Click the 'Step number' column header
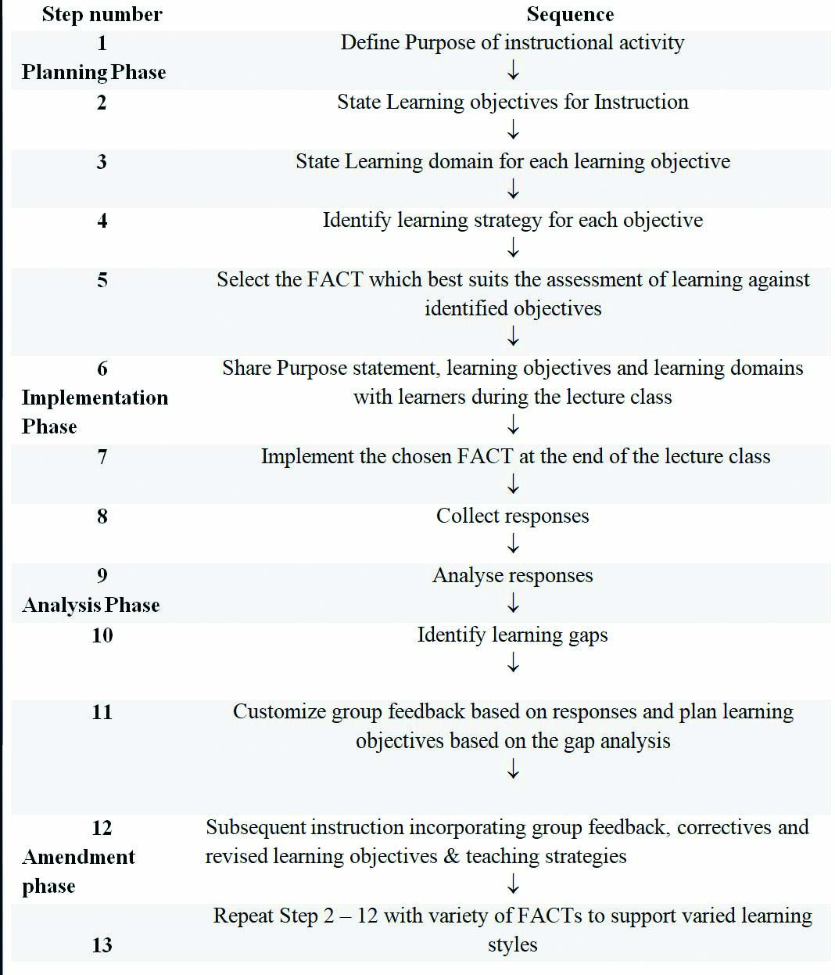[102, 14]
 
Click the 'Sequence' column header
[570, 14]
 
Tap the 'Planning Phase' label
[94, 72]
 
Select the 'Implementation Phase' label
[94, 412]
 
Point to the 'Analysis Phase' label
[91, 605]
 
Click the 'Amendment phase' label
[78, 871]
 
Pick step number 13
[102, 944]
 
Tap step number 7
[102, 456]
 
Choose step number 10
[102, 635]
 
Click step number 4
[102, 221]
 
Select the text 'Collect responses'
[512, 516]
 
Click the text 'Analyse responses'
[512, 575]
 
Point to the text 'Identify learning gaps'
[512, 635]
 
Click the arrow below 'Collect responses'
[513, 544]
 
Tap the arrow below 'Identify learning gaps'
[513, 664]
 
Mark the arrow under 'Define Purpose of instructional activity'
[513, 71]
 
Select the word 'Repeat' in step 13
[242, 916]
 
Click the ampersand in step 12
[451, 856]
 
